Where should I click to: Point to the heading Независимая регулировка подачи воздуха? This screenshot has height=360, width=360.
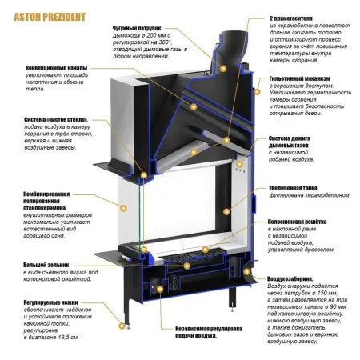click(x=195, y=328)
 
